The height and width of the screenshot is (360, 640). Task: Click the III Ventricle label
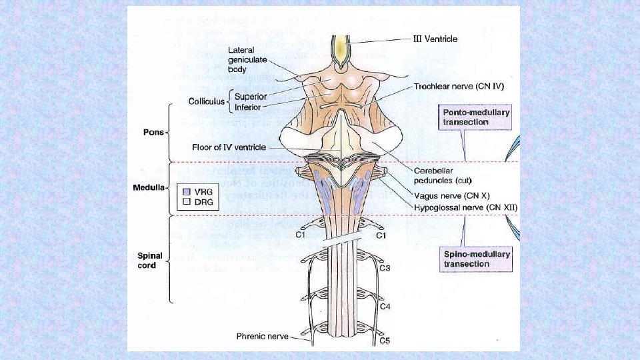coord(432,39)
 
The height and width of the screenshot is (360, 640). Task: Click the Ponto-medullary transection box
coord(476,117)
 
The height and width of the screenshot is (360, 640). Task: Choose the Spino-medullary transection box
coord(476,259)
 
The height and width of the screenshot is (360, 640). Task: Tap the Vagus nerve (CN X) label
coord(451,197)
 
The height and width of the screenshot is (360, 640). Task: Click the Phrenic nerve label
coord(263,337)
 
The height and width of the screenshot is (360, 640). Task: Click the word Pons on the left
coord(153,132)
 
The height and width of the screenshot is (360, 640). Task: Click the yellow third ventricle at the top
coord(341,50)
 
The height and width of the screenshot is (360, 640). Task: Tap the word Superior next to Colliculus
coord(251,97)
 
